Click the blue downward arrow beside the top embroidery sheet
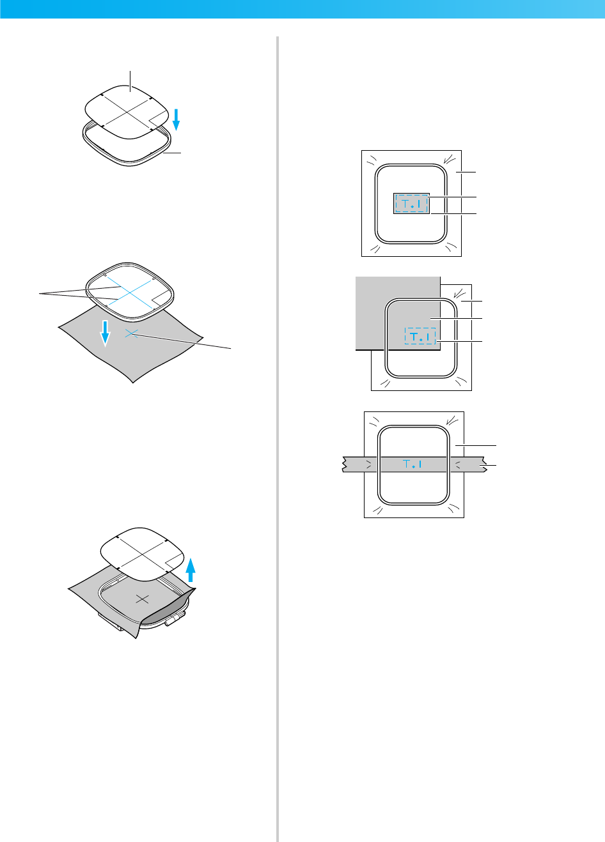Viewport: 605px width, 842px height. point(176,119)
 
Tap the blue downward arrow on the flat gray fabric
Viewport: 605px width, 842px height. point(106,333)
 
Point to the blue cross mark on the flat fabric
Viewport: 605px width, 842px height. point(131,332)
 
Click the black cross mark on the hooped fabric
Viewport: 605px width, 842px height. point(143,599)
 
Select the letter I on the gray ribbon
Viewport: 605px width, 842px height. point(420,464)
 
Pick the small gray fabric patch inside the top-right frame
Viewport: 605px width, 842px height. point(411,204)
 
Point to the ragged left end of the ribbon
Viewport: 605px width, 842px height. point(344,464)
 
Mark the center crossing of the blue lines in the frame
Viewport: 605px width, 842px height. point(130,291)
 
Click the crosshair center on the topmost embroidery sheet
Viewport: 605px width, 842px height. point(129,110)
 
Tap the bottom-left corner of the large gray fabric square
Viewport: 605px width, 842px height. point(356,349)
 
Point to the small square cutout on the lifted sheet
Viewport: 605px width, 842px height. point(172,562)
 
